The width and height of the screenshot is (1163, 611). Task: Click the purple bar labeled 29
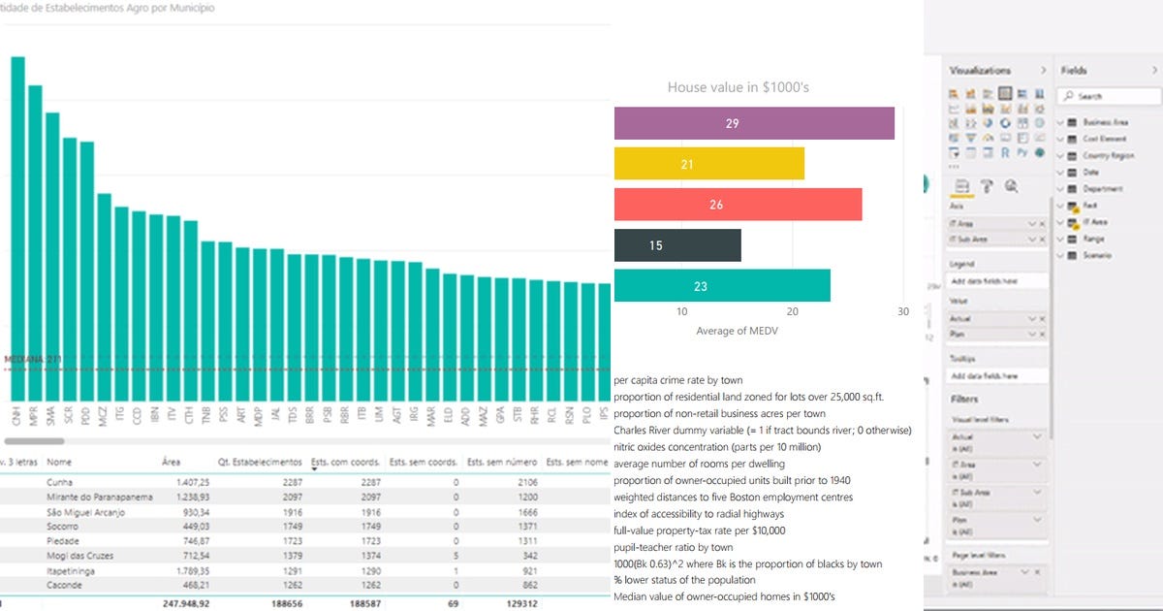tap(754, 123)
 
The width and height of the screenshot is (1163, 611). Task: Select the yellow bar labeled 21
tap(709, 164)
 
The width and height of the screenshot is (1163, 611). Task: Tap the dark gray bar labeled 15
tap(677, 245)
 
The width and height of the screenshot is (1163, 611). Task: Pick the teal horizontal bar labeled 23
tap(722, 286)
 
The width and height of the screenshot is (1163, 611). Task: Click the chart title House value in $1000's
tap(739, 87)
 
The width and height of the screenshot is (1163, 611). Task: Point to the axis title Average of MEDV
tap(737, 332)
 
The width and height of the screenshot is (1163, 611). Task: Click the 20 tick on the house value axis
tap(793, 311)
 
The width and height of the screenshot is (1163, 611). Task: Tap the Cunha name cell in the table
tap(60, 481)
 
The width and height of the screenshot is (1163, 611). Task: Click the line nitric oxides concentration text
tap(717, 447)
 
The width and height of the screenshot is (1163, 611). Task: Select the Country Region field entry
tap(1108, 156)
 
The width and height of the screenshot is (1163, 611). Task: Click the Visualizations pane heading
tap(979, 70)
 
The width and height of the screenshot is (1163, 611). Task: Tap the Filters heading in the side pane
tap(963, 399)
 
